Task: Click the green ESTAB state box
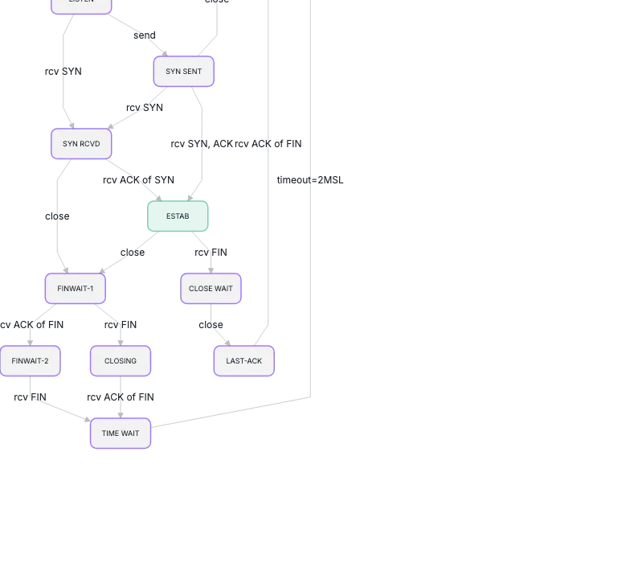pyautogui.click(x=178, y=216)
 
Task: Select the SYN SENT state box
pyautogui.click(x=184, y=72)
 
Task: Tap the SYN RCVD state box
pyautogui.click(x=81, y=144)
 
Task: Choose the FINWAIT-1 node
pyautogui.click(x=76, y=289)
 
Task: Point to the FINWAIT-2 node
pyautogui.click(x=30, y=361)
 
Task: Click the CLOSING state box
pyautogui.click(x=121, y=361)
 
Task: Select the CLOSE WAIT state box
pyautogui.click(x=211, y=289)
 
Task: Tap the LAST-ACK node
pyautogui.click(x=243, y=361)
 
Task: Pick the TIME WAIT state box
pyautogui.click(x=121, y=434)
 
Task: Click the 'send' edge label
pyautogui.click(x=145, y=35)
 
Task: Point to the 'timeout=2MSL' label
pyautogui.click(x=310, y=180)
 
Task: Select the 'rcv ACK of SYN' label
pyautogui.click(x=138, y=180)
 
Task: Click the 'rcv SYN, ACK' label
pyautogui.click(x=201, y=143)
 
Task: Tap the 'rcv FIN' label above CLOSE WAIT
pyautogui.click(x=211, y=253)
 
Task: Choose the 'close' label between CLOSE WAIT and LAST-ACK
pyautogui.click(x=211, y=325)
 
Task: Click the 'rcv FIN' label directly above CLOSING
pyautogui.click(x=121, y=325)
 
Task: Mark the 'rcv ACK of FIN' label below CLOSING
pyautogui.click(x=121, y=397)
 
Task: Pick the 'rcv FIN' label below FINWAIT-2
pyautogui.click(x=30, y=397)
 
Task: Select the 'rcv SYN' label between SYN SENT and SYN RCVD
pyautogui.click(x=145, y=108)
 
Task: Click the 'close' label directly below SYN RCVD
pyautogui.click(x=57, y=216)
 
